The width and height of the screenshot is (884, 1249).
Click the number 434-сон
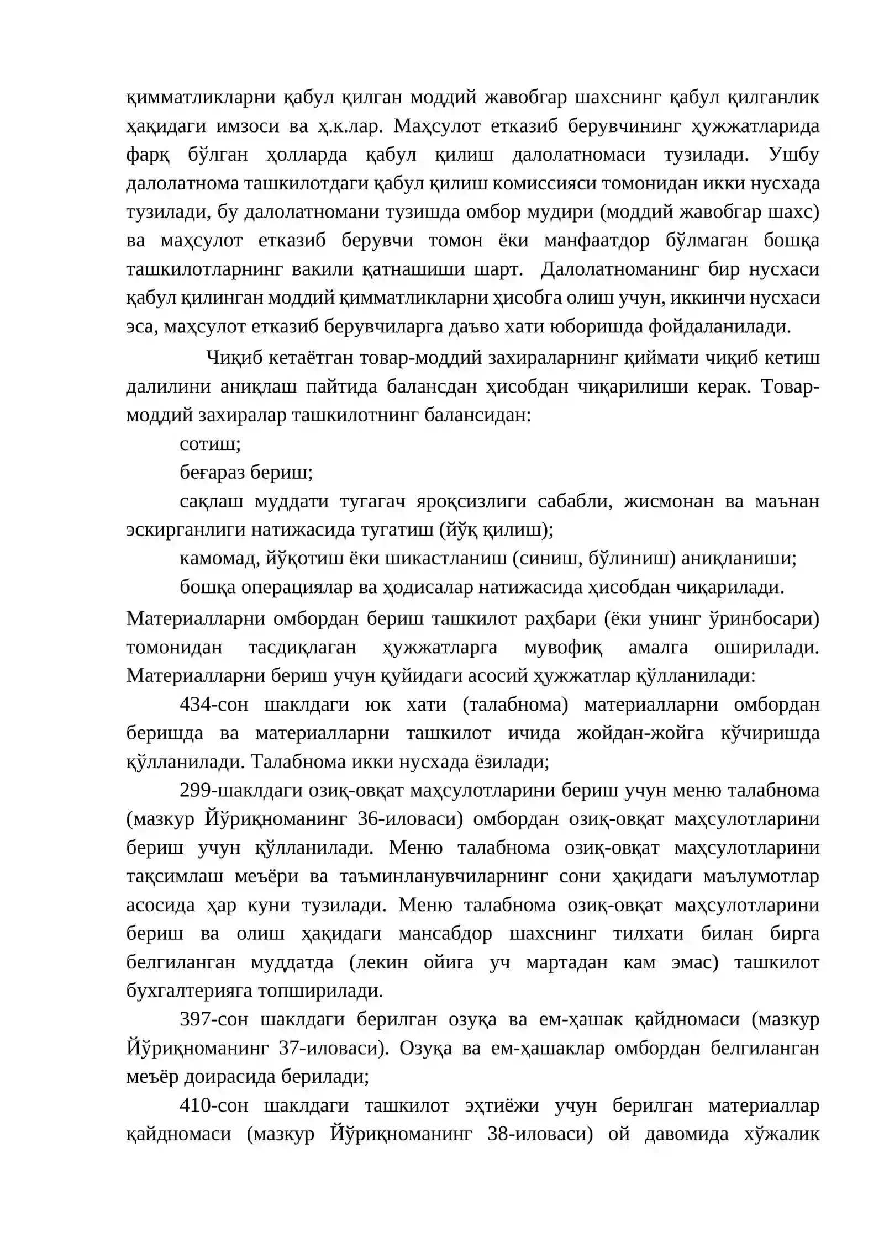(x=214, y=705)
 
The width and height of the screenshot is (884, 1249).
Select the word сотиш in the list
(x=210, y=444)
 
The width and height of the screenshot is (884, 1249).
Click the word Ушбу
(x=793, y=155)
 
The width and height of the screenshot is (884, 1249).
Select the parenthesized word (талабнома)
(x=515, y=705)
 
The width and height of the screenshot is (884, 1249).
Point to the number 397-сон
(x=214, y=1019)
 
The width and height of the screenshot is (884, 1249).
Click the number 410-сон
(x=214, y=1105)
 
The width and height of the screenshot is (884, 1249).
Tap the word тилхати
(x=648, y=933)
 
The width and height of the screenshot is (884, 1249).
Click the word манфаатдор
(x=596, y=241)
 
